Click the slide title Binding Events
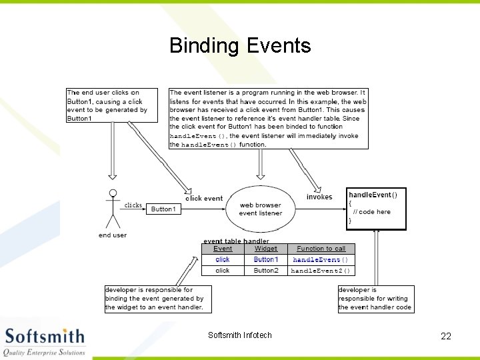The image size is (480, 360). point(240,45)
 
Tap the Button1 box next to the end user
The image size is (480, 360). point(163,209)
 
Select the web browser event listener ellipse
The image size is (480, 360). point(260,209)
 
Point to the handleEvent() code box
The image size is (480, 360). point(376,209)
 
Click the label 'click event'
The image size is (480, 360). point(204,198)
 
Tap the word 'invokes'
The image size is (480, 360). point(319,197)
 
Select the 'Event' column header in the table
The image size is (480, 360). point(223,249)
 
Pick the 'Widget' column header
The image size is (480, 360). point(265,249)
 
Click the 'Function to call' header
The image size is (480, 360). point(321,249)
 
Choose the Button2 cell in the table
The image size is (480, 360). point(265,271)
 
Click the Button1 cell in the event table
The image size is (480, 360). point(265,259)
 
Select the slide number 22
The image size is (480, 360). point(446,336)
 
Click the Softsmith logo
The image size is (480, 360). point(45,341)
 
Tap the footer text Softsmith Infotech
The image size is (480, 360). point(240,335)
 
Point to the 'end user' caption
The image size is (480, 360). point(112,235)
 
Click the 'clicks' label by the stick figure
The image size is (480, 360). point(133,205)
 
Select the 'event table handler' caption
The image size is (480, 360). point(236,241)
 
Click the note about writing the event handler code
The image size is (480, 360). point(375,299)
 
